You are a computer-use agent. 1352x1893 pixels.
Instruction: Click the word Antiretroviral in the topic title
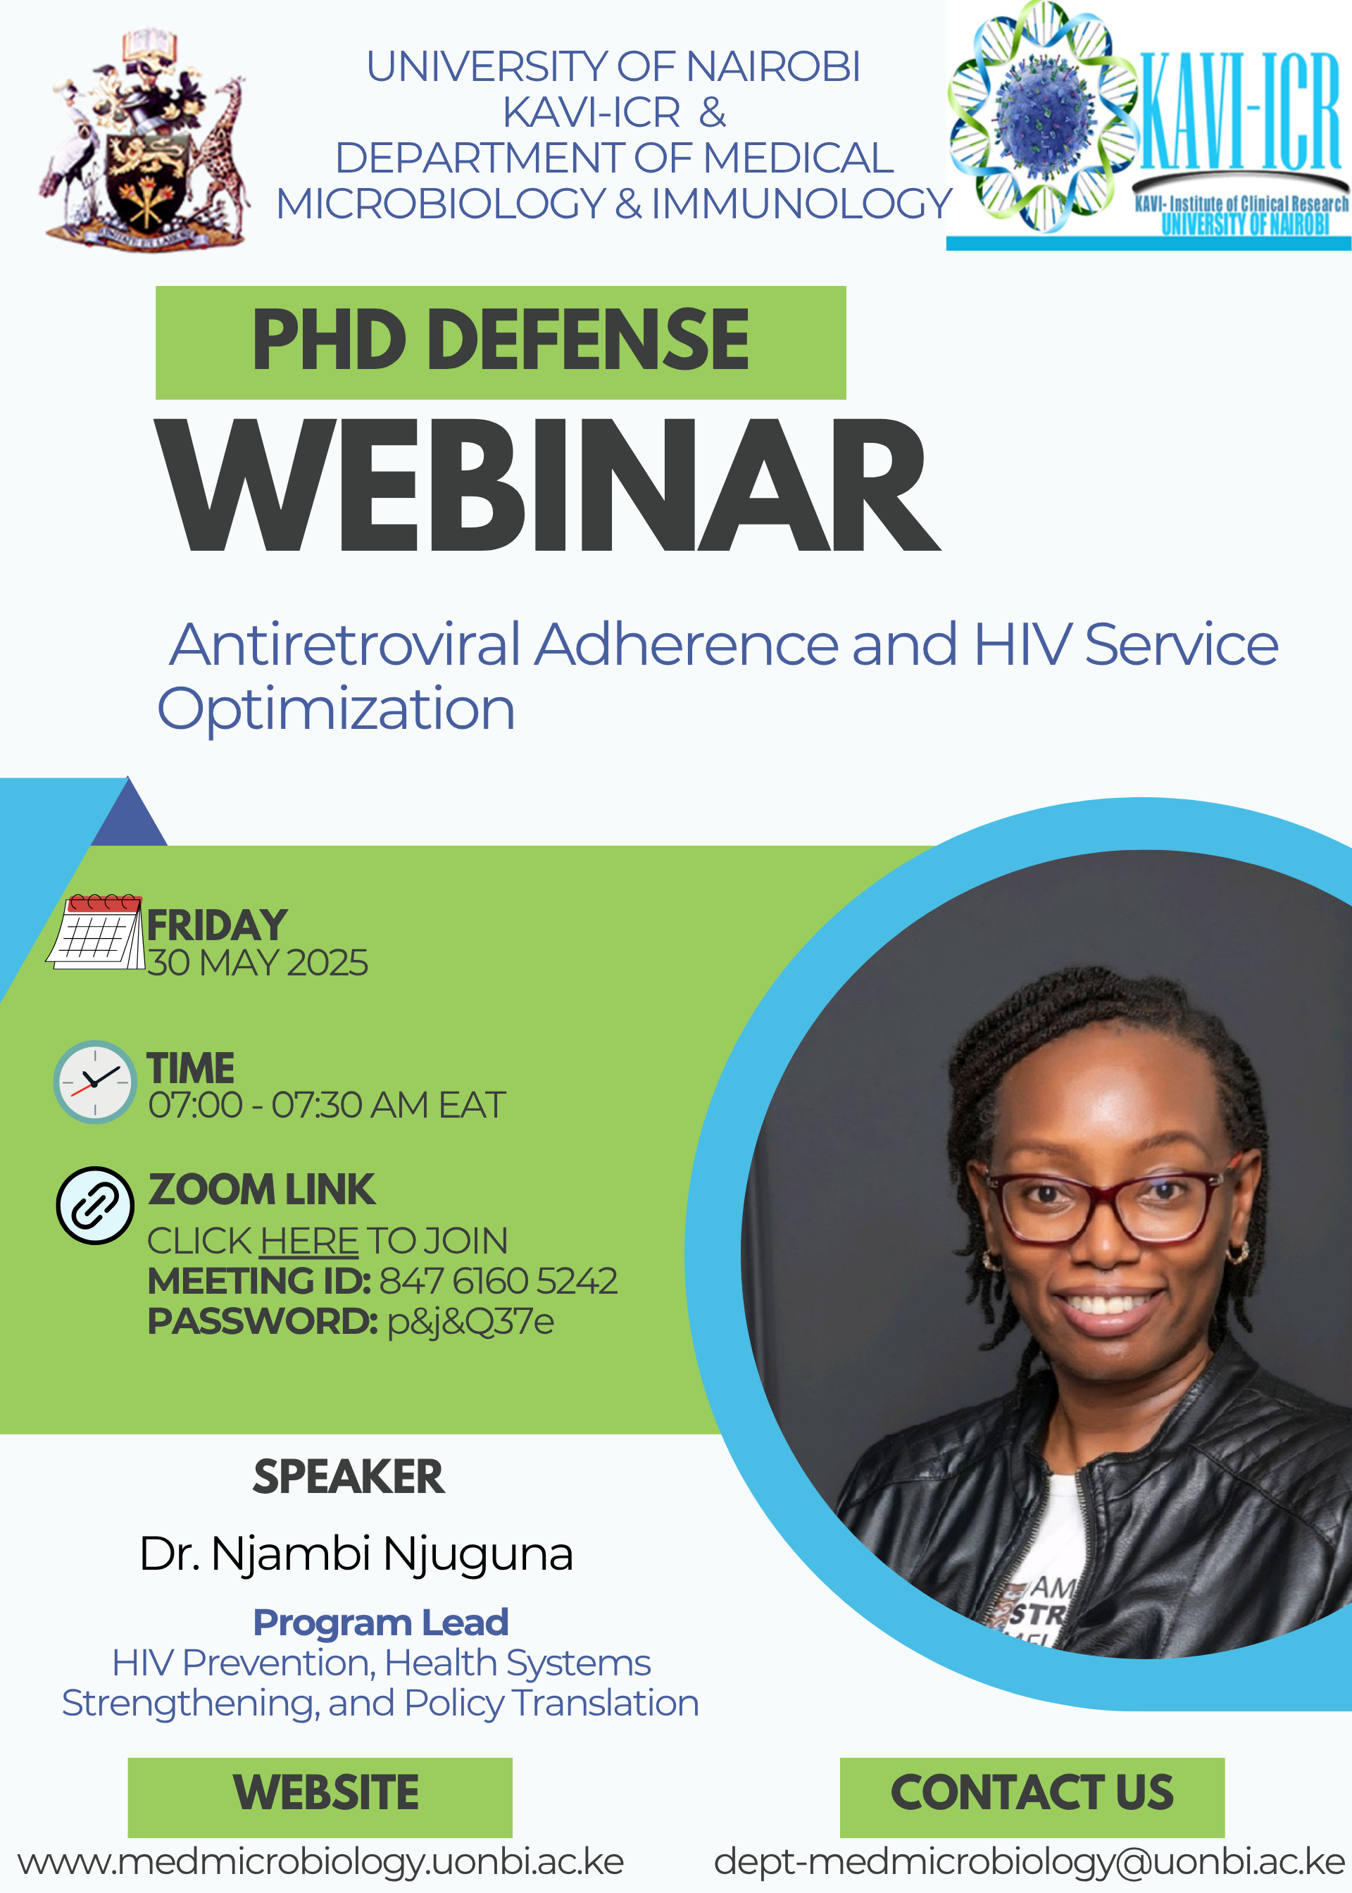[346, 644]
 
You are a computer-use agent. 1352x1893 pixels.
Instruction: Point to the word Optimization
[337, 710]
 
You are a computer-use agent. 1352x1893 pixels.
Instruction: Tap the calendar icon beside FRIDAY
[95, 932]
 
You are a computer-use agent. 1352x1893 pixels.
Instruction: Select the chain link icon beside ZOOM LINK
[95, 1206]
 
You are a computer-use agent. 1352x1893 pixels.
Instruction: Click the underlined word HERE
[309, 1241]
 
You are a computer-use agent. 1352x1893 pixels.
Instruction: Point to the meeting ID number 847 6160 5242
[499, 1281]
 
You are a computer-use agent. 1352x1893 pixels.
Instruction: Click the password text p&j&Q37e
[470, 1322]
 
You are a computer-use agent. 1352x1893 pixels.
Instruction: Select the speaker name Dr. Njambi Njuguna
[356, 1554]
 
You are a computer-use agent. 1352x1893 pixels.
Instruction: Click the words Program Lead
[380, 1623]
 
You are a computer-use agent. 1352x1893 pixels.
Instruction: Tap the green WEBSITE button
[320, 1797]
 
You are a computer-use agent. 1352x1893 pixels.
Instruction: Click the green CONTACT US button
[1032, 1797]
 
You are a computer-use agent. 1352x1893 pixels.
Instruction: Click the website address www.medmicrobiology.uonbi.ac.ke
[320, 1863]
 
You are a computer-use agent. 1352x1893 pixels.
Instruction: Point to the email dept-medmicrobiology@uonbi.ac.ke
[1029, 1863]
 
